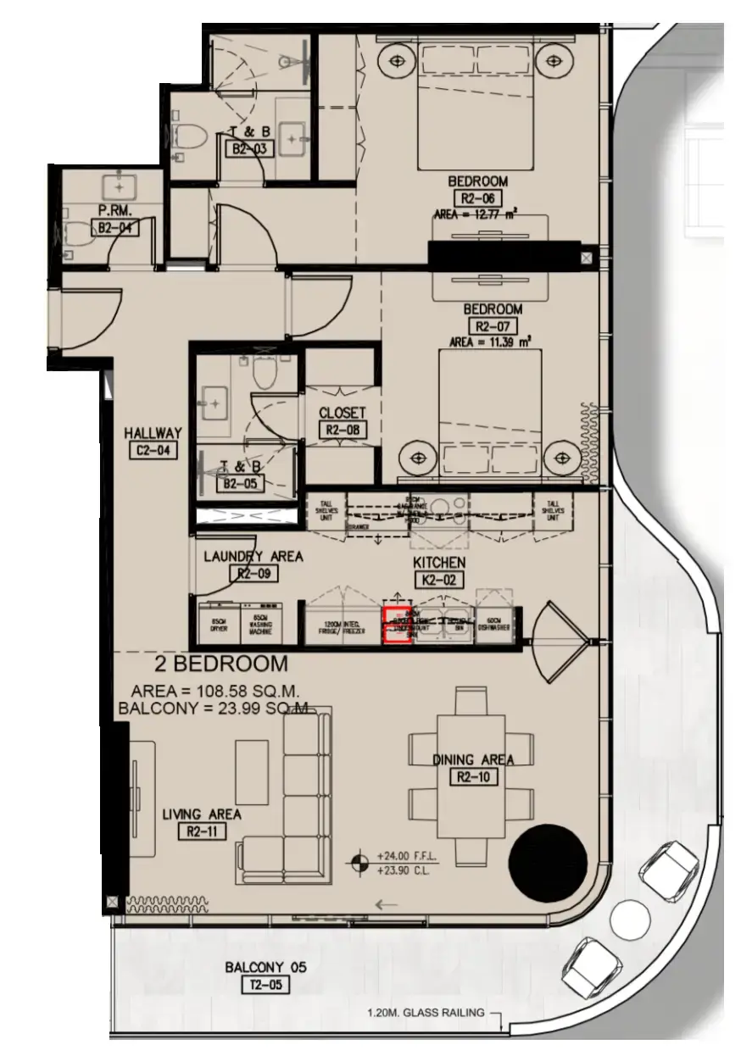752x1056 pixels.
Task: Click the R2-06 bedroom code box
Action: click(478, 198)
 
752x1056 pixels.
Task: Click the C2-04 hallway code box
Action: click(153, 451)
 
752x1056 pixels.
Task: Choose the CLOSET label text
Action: click(343, 413)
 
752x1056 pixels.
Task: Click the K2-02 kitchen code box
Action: click(438, 581)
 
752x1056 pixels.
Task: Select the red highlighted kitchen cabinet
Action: click(398, 625)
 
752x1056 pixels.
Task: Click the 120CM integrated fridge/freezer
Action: click(341, 626)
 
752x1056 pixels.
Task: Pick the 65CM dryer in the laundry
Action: click(215, 625)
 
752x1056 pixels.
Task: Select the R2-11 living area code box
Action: click(202, 831)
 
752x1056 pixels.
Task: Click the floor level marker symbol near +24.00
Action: click(360, 863)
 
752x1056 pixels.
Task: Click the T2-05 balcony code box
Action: click(265, 984)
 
